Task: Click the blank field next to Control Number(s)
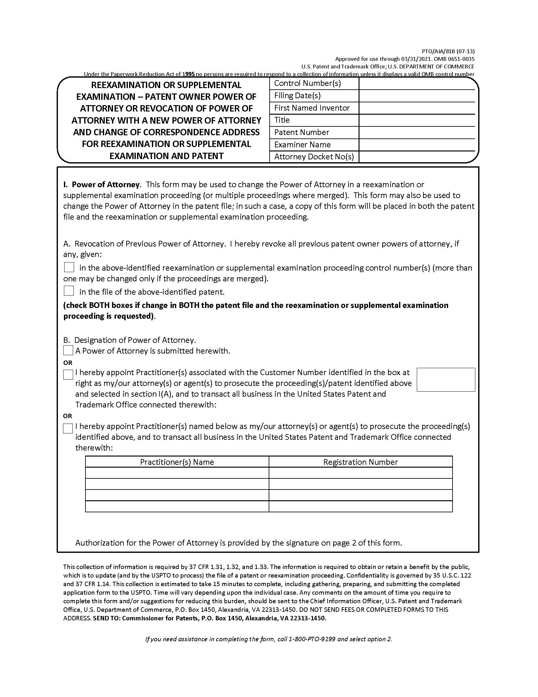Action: [x=417, y=83]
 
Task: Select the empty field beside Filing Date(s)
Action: [x=417, y=96]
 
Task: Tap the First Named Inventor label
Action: [x=312, y=108]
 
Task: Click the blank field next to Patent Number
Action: [x=417, y=132]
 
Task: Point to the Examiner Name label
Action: [x=302, y=144]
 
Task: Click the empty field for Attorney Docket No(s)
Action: [x=417, y=157]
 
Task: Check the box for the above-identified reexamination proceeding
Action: [x=69, y=267]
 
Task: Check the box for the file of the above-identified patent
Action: [x=69, y=291]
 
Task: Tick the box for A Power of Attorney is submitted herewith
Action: [x=68, y=350]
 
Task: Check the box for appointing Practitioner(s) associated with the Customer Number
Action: [x=68, y=374]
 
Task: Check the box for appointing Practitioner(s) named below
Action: [x=68, y=428]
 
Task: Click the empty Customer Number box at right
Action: [x=446, y=380]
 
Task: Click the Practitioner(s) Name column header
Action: [x=177, y=462]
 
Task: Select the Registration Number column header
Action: [x=360, y=462]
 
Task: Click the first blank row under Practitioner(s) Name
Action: [x=177, y=473]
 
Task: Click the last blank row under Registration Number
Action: [x=360, y=506]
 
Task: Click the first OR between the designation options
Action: [x=68, y=362]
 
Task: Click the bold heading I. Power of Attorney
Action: [x=101, y=184]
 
